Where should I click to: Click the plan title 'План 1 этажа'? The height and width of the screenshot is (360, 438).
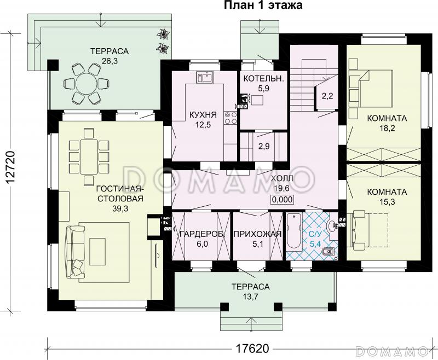point(263,5)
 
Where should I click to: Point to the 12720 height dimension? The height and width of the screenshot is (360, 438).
point(10,167)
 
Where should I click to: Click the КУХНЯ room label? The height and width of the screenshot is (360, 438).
point(203,114)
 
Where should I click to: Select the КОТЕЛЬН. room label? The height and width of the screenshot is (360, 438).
point(263,78)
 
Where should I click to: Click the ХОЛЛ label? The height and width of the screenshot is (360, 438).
point(282,178)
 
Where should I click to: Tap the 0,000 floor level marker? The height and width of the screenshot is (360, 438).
point(282,199)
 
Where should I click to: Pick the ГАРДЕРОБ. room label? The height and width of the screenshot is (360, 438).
point(202,234)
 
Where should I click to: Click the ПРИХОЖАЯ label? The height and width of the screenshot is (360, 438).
point(257,234)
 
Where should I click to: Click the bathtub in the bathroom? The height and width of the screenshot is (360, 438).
point(293,231)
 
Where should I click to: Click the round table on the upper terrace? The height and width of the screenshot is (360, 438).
point(86,83)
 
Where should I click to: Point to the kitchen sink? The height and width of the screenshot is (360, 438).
point(205,77)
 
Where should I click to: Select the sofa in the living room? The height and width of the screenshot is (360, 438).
point(75,252)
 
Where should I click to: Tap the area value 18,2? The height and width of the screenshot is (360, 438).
point(387,128)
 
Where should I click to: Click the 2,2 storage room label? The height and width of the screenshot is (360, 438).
point(327,96)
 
